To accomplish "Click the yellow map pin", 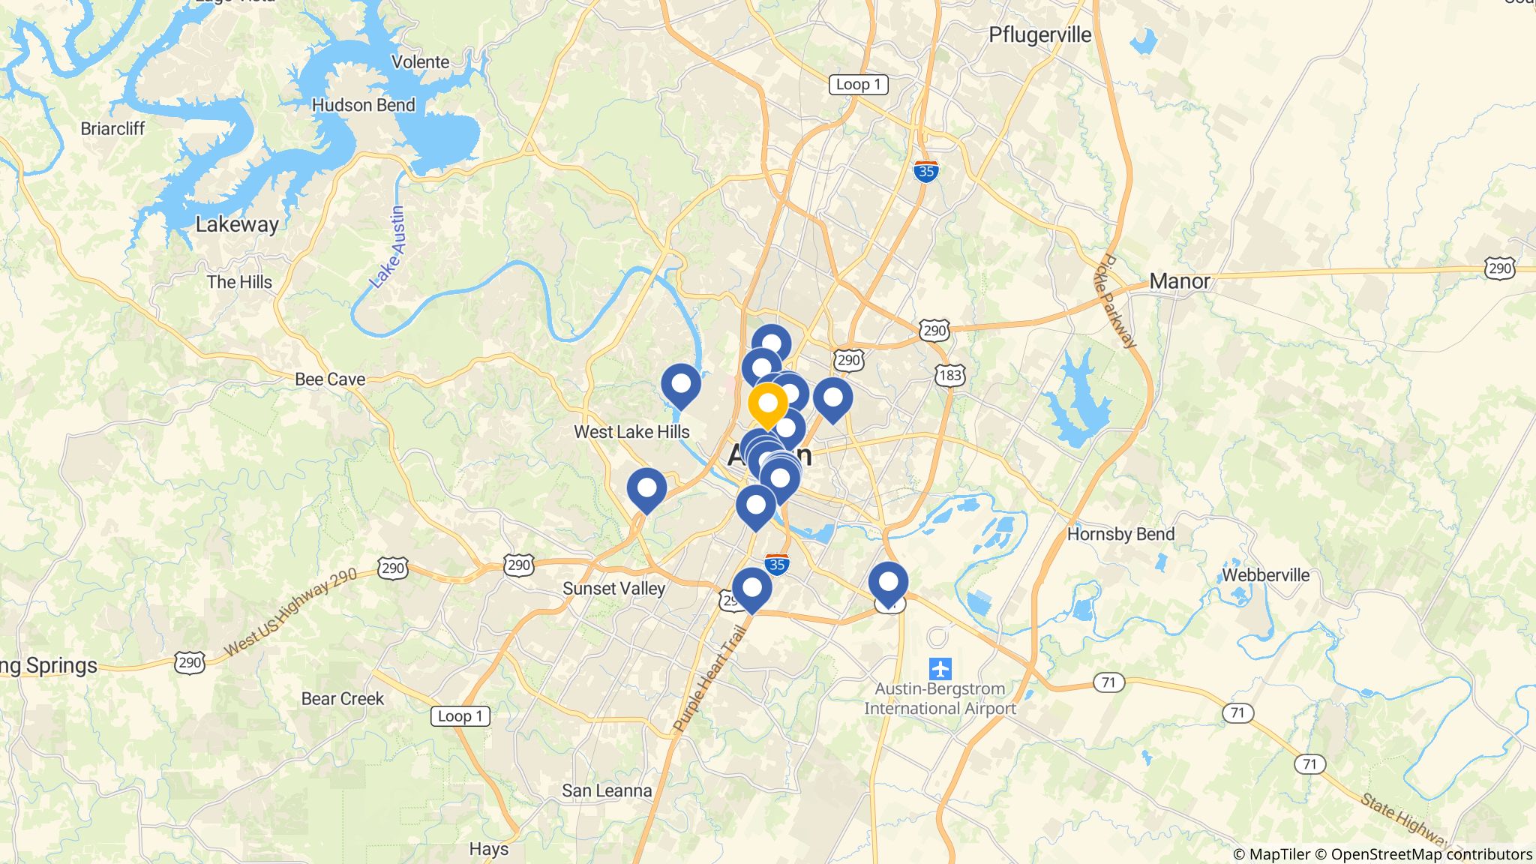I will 768,403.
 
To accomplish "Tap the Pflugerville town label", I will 1039,35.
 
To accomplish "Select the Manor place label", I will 1179,281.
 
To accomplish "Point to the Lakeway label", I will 237,224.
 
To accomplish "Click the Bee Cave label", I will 330,379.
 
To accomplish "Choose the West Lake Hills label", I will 631,432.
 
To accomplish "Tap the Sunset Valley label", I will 613,589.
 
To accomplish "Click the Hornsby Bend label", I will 1120,534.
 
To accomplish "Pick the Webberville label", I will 1265,575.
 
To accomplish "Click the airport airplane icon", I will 940,667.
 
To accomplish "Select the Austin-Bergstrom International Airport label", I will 940,698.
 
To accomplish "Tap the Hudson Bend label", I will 363,105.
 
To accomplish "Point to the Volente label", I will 420,62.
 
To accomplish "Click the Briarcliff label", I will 112,128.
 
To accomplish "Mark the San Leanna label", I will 607,790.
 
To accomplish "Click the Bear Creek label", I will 342,698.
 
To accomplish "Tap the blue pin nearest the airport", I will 888,583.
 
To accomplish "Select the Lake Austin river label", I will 388,247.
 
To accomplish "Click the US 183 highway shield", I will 949,375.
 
